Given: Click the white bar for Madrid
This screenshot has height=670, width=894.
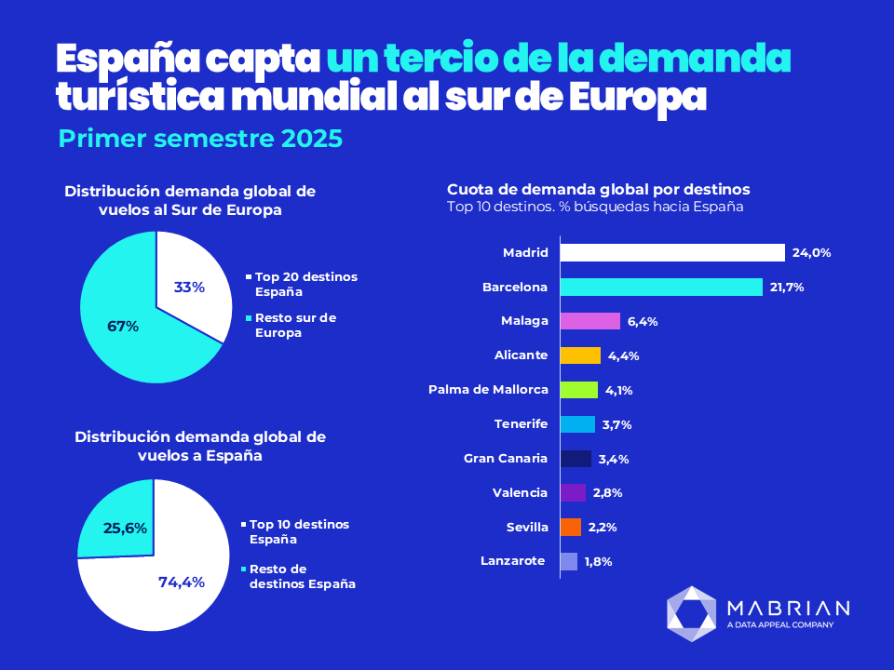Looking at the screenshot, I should pyautogui.click(x=672, y=252).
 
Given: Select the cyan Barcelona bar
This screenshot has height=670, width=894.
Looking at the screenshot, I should pyautogui.click(x=661, y=287).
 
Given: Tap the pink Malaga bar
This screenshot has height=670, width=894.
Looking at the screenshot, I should pyautogui.click(x=590, y=321).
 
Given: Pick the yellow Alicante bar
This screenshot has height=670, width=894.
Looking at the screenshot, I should pyautogui.click(x=580, y=355).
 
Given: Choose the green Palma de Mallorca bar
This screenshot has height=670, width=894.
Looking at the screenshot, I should pyautogui.click(x=579, y=390).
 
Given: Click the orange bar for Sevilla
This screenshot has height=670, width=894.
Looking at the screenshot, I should pyautogui.click(x=571, y=527).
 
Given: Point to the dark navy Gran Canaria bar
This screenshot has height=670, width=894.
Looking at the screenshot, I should pyautogui.click(x=576, y=459).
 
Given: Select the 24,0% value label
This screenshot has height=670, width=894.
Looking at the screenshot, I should pyautogui.click(x=811, y=252).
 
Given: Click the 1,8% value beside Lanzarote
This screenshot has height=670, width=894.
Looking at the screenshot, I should pyautogui.click(x=598, y=561).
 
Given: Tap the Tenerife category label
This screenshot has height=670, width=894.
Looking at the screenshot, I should pyautogui.click(x=521, y=424).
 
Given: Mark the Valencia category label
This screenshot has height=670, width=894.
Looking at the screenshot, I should pyautogui.click(x=520, y=492).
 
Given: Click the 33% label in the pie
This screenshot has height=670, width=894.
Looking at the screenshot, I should pyautogui.click(x=189, y=288).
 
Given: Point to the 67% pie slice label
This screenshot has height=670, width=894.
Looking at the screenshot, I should pyautogui.click(x=123, y=327).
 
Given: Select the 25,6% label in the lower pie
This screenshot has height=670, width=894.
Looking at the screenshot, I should pyautogui.click(x=125, y=528).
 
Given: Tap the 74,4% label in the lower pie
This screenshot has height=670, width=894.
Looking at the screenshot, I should pyautogui.click(x=182, y=582).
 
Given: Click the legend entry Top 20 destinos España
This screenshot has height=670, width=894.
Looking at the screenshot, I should pyautogui.click(x=305, y=284).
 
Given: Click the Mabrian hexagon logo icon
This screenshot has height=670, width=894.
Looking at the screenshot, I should pyautogui.click(x=692, y=613).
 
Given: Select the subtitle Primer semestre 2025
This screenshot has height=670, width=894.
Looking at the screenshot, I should pyautogui.click(x=200, y=139).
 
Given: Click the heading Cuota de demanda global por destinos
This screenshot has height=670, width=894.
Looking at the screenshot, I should pyautogui.click(x=599, y=189).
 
